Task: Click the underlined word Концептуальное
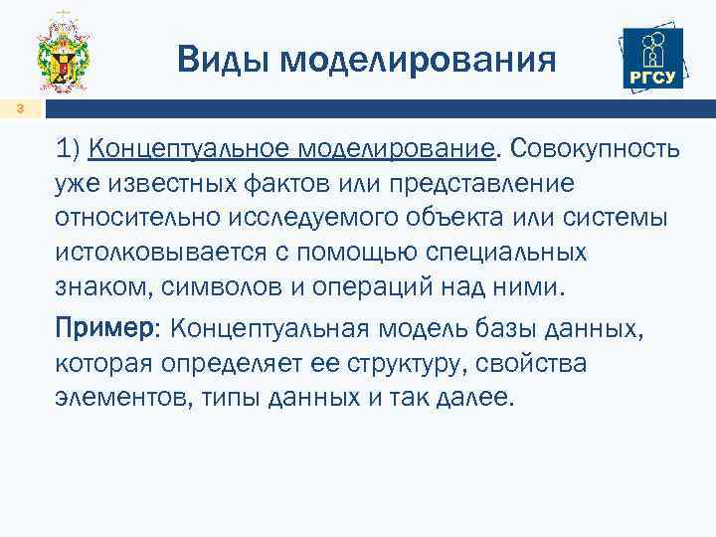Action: [188, 149]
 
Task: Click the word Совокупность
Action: [595, 149]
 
